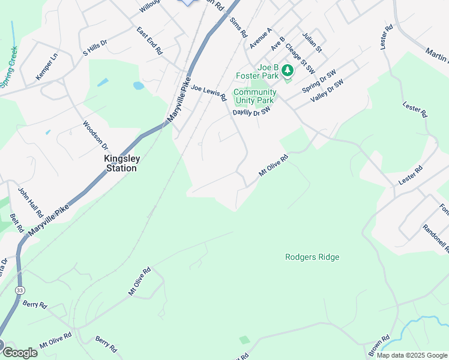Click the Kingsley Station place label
click(121, 164)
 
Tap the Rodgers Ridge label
click(312, 257)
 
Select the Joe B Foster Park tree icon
click(288, 71)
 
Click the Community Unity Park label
click(255, 97)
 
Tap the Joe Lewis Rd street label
click(209, 92)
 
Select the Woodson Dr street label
click(95, 136)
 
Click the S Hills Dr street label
click(95, 47)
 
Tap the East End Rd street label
click(149, 41)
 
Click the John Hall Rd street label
click(30, 202)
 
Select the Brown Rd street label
click(379, 344)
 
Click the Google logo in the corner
click(19, 352)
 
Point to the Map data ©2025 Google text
click(412, 355)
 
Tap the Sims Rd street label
click(238, 28)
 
